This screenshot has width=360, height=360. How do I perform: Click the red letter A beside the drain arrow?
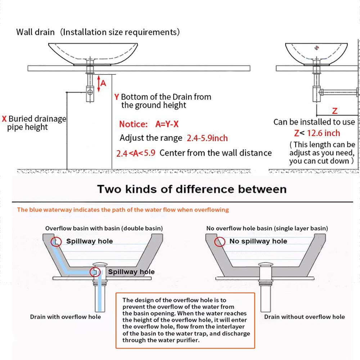tap(103, 83)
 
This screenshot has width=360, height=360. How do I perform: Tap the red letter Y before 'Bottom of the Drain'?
tap(117, 97)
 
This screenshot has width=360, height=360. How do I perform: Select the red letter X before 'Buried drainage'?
tap(4, 119)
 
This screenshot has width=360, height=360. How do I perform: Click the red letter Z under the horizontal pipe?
tap(334, 111)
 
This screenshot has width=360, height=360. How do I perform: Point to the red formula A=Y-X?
tap(167, 124)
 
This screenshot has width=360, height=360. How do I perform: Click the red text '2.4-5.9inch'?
tap(207, 138)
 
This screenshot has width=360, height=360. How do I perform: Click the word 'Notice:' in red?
tap(133, 124)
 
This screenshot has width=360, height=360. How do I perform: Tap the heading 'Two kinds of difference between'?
tap(192, 189)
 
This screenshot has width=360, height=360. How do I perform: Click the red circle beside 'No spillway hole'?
tap(220, 242)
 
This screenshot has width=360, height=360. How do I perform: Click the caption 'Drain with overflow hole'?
tap(65, 317)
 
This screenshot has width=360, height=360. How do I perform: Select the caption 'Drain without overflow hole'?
tap(305, 317)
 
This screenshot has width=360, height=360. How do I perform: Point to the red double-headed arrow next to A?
tap(98, 82)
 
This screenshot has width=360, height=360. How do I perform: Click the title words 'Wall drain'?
tap(35, 32)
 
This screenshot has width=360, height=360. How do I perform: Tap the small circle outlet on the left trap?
tap(90, 92)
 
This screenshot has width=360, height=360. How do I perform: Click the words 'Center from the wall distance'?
tap(216, 153)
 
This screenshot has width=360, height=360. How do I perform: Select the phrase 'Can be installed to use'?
tap(314, 122)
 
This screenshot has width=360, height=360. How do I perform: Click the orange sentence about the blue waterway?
tap(123, 210)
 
